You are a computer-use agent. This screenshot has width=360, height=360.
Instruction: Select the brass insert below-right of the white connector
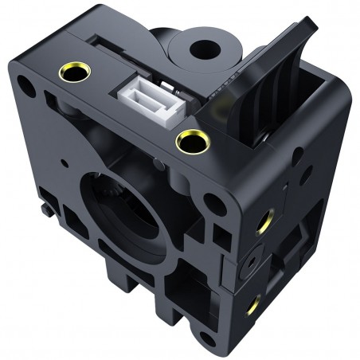tap(191, 142)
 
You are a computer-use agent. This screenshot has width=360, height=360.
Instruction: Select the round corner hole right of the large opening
tap(210, 202)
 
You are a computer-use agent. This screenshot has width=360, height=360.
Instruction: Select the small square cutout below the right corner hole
tap(217, 235)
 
